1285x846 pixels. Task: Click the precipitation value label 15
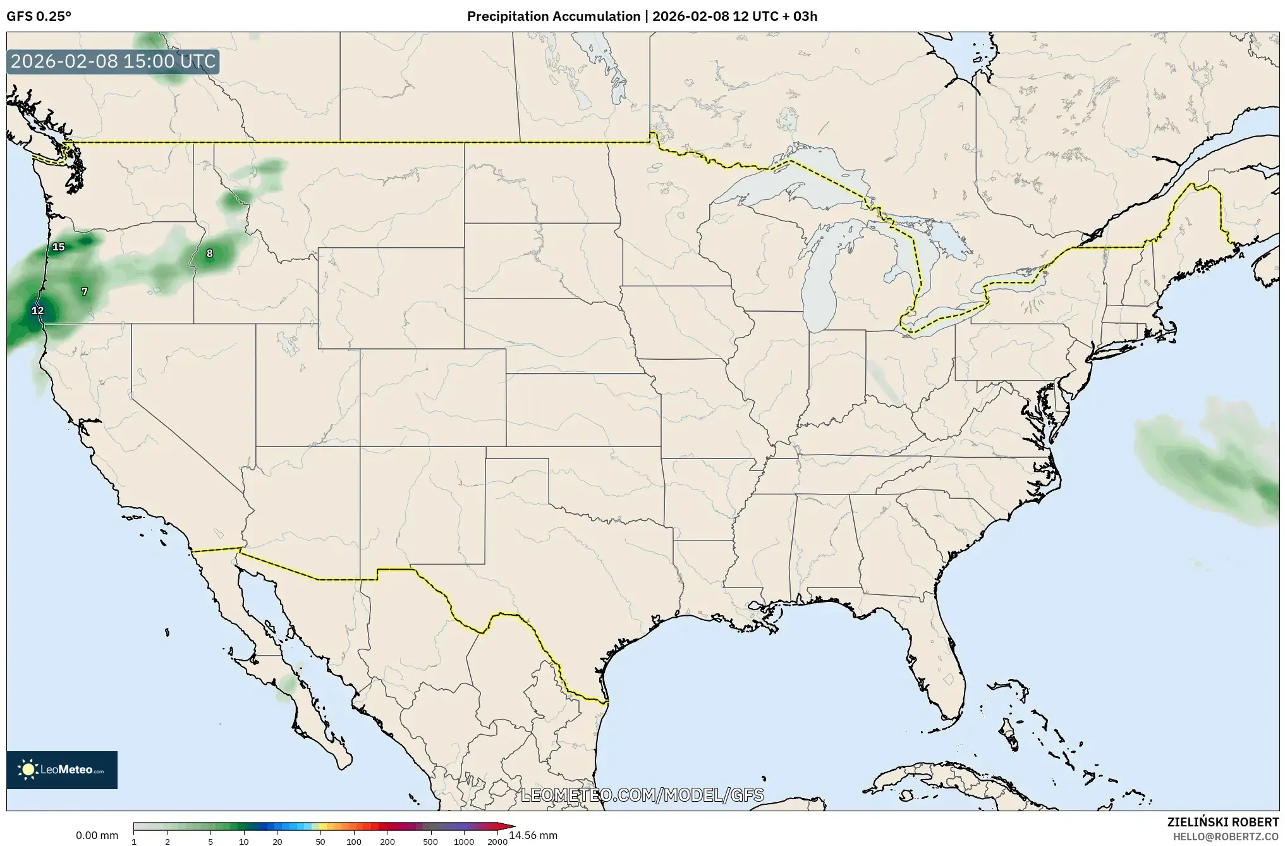point(59,247)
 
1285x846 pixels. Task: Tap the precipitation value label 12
point(38,310)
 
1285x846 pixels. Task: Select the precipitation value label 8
point(210,254)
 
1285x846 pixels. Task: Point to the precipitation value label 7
point(85,291)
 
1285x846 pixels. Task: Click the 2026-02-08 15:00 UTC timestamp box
point(114,62)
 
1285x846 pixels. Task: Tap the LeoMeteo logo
point(62,769)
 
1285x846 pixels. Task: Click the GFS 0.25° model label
point(39,16)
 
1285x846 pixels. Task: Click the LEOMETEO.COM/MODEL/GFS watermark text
point(642,795)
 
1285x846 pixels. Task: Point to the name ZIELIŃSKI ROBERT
point(1222,822)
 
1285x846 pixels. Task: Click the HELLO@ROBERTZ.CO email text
point(1226,836)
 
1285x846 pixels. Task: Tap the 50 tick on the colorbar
point(320,842)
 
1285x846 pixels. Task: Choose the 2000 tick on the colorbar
point(497,842)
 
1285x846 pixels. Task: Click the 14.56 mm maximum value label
point(533,835)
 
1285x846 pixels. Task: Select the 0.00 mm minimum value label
point(97,835)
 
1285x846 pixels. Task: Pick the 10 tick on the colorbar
point(244,842)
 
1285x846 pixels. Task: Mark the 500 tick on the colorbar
point(430,842)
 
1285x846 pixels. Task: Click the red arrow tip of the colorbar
point(511,826)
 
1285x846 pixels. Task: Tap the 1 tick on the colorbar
point(134,842)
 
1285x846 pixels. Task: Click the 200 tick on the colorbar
point(387,842)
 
